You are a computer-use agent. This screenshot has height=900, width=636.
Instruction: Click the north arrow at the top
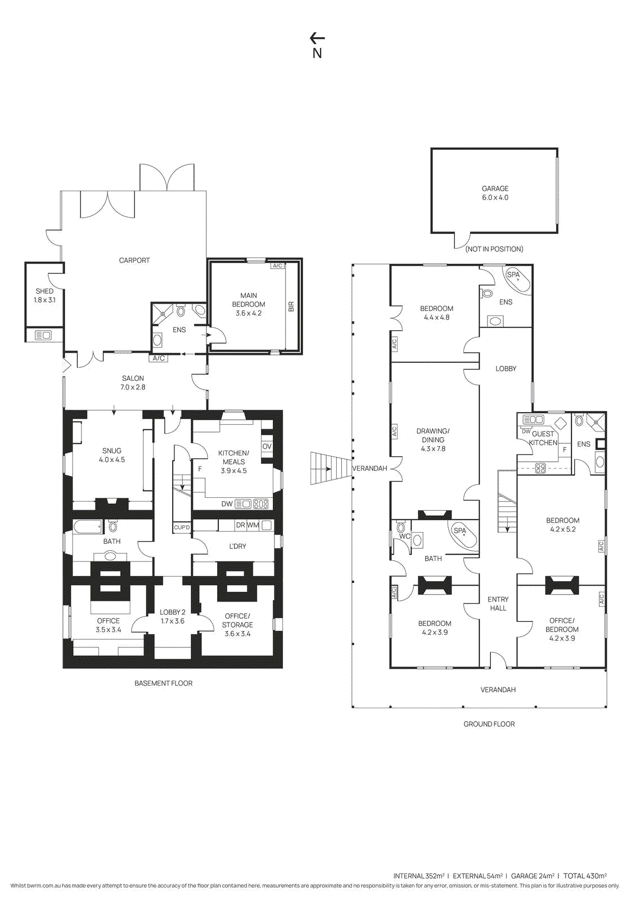coord(317,39)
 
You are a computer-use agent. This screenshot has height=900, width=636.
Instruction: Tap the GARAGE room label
coord(495,188)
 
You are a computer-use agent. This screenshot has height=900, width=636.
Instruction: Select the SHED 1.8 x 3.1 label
coord(44,295)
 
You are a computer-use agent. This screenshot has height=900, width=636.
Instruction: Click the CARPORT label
coord(134,260)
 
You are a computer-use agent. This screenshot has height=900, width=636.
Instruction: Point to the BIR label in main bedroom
coord(292,307)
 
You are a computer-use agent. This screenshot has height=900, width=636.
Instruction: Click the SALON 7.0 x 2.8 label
coord(133,382)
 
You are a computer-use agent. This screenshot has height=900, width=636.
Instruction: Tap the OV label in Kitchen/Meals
coord(267,447)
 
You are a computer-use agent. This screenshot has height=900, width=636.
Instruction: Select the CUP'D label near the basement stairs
coord(182,527)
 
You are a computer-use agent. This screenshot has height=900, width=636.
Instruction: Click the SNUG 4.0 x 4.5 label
coord(112,455)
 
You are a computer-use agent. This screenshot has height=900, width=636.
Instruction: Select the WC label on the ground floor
coord(404,537)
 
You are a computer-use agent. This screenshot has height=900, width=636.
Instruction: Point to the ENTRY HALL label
coord(498,604)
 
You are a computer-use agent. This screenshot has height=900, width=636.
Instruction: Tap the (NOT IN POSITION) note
coord(494,249)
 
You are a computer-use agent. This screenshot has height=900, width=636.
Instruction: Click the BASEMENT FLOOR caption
coord(164,683)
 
